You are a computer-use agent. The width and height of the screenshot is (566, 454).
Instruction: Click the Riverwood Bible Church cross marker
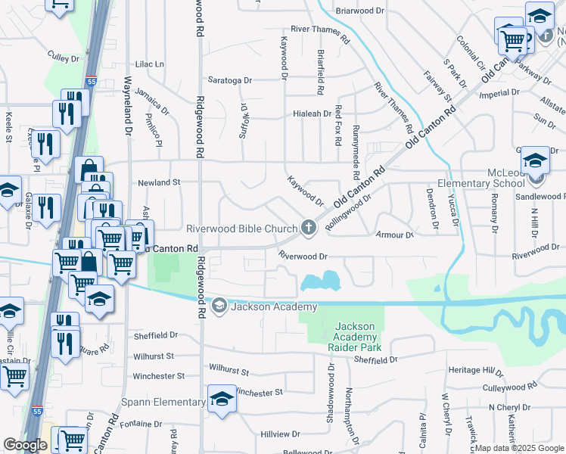tap(308, 227)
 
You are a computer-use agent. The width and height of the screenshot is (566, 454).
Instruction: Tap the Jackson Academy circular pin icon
tap(219, 306)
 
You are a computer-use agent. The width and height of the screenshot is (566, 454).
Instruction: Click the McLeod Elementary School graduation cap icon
tap(535, 160)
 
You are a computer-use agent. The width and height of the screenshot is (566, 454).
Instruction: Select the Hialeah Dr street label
tap(312, 114)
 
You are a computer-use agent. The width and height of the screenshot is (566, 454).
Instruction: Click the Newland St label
tap(159, 182)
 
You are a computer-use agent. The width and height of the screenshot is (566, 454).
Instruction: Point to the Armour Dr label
tap(394, 235)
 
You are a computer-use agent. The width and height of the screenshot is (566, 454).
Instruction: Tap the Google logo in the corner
tap(25, 445)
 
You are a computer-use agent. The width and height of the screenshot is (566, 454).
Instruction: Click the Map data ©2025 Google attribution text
tap(519, 448)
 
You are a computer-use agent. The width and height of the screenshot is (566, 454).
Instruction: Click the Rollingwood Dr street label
tap(347, 213)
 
